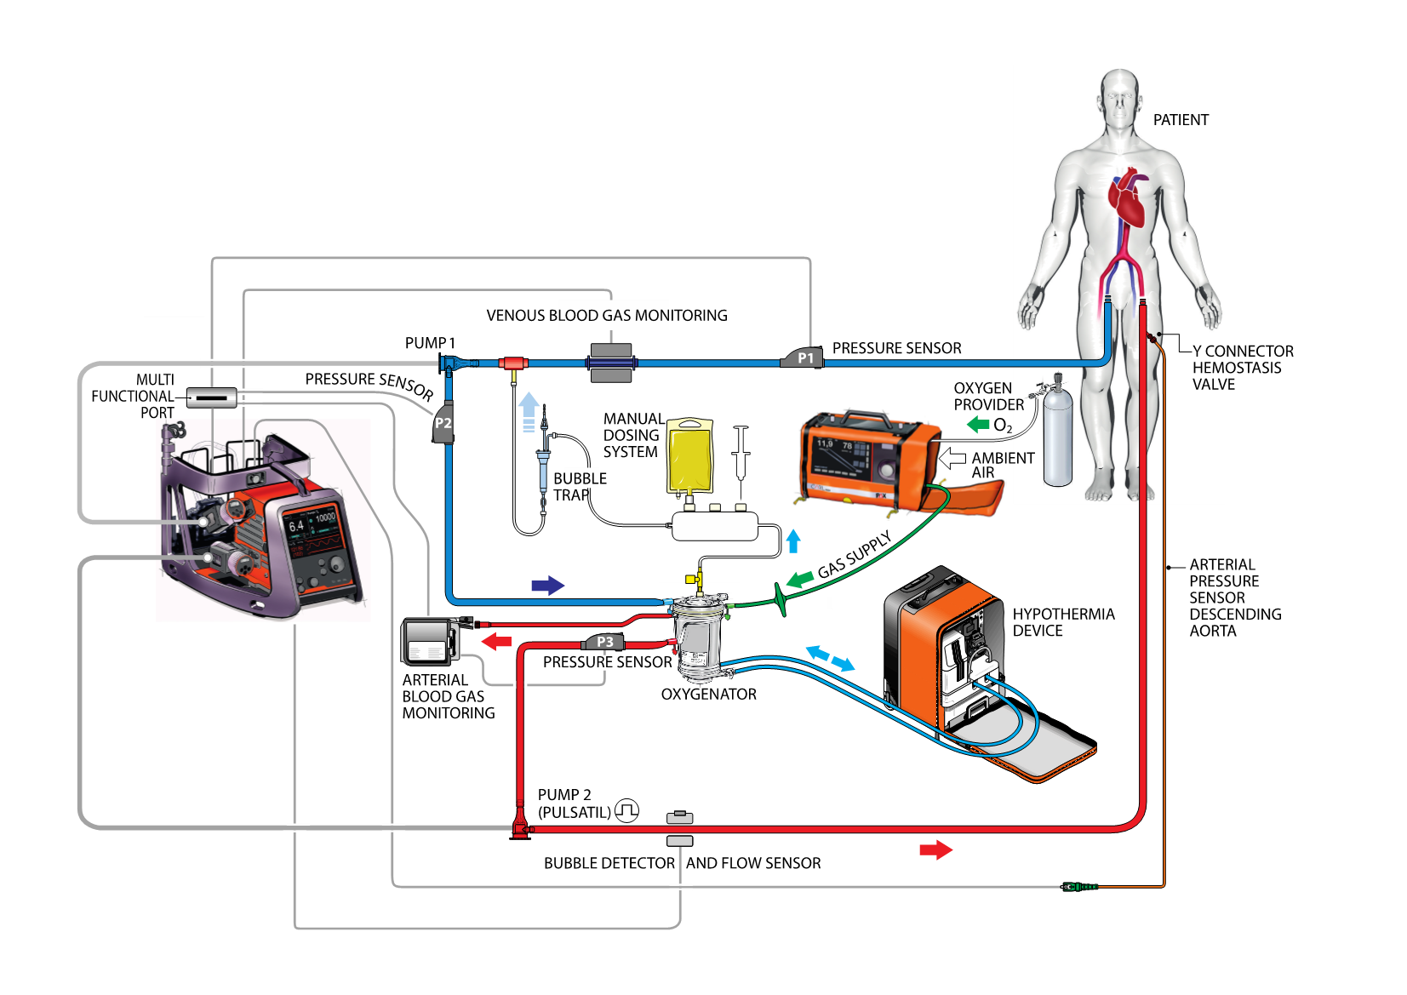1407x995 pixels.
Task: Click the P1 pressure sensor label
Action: point(804,358)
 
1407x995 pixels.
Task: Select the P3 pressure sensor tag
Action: point(604,642)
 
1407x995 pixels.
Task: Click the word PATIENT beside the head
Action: point(1181,120)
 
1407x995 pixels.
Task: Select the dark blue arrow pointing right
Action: point(547,585)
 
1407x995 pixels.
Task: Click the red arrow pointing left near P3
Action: point(496,641)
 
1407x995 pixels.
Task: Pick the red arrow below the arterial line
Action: point(935,849)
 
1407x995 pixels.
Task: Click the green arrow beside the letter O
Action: point(978,424)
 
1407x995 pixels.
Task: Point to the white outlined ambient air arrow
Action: point(952,459)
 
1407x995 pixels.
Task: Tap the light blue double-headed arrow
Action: point(830,658)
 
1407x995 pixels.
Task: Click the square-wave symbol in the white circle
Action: point(626,811)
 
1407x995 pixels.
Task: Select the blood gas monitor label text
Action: point(614,315)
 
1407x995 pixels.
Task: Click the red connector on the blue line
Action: point(512,364)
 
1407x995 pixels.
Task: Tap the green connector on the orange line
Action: point(1079,887)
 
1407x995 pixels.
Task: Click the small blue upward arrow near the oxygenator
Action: point(793,541)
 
